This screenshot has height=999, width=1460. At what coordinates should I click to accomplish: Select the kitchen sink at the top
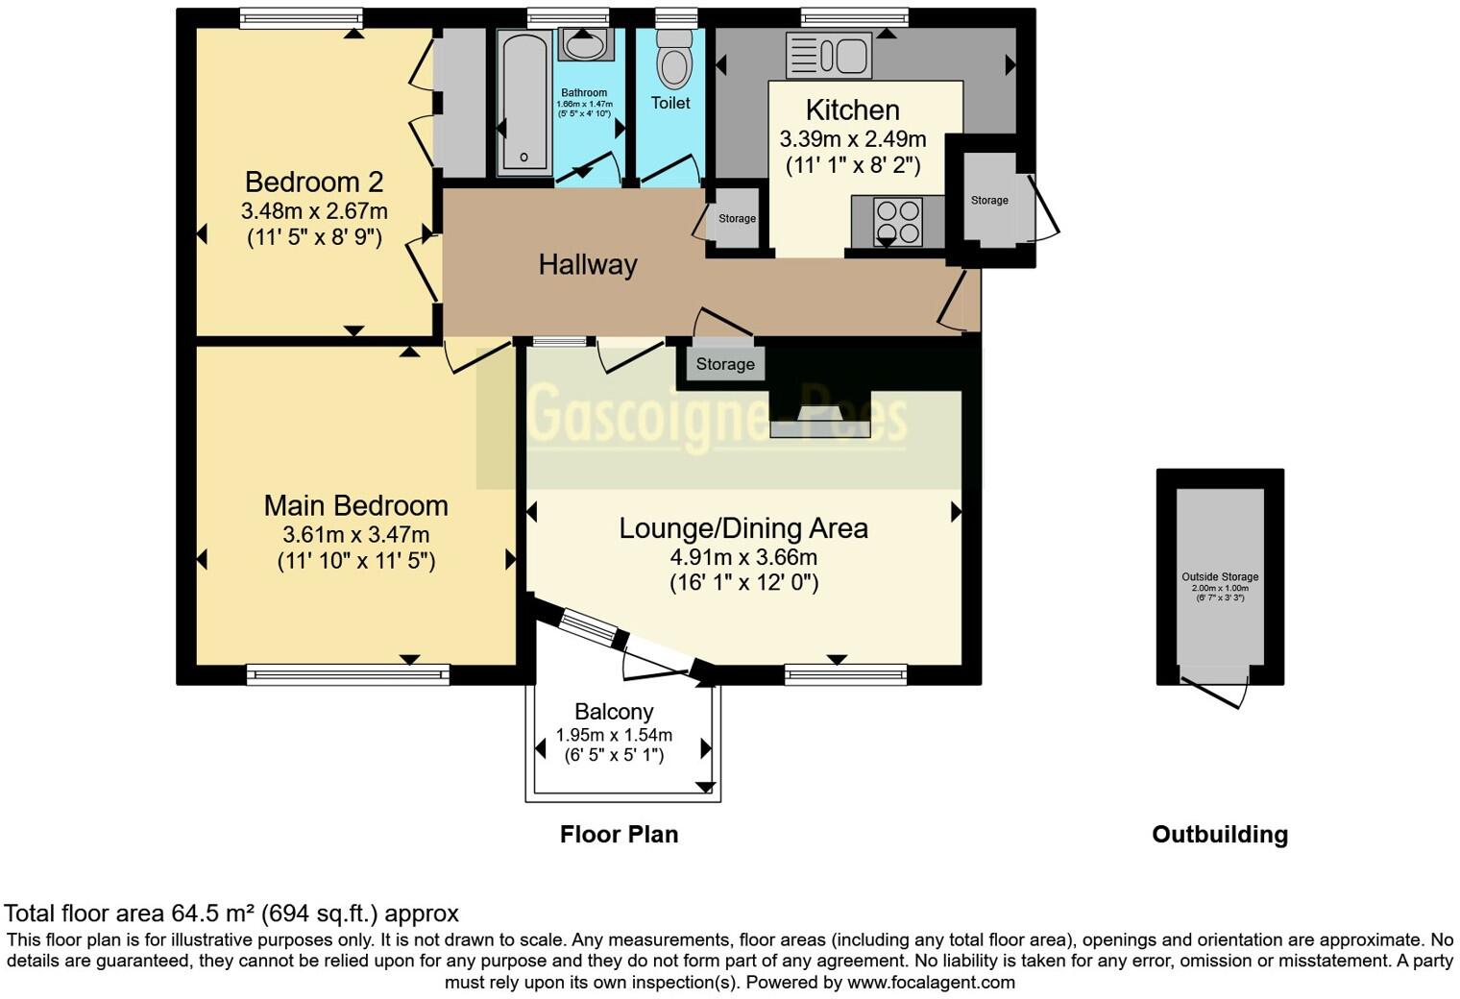coord(829,55)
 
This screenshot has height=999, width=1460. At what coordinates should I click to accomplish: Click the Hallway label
coord(587,265)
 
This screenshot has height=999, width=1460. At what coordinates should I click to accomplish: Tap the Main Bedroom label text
coord(355,505)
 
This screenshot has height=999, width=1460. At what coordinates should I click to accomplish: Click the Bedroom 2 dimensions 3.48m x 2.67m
coord(314,210)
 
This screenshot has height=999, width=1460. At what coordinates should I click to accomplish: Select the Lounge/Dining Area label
coord(742,528)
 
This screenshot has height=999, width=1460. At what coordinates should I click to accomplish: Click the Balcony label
coord(614,712)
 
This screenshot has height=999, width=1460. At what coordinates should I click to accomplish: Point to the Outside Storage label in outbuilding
coord(1220,577)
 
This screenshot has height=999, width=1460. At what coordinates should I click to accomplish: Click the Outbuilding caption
coord(1219,834)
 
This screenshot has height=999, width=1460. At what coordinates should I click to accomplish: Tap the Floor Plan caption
coord(619,834)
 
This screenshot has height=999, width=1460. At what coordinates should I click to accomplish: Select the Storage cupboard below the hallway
coord(725,364)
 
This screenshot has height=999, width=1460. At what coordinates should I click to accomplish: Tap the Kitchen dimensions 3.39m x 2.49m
coord(852,139)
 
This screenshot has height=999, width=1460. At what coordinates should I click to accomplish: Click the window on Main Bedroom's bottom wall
coord(348,675)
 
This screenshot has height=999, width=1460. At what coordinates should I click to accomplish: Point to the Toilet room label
coord(670,103)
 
